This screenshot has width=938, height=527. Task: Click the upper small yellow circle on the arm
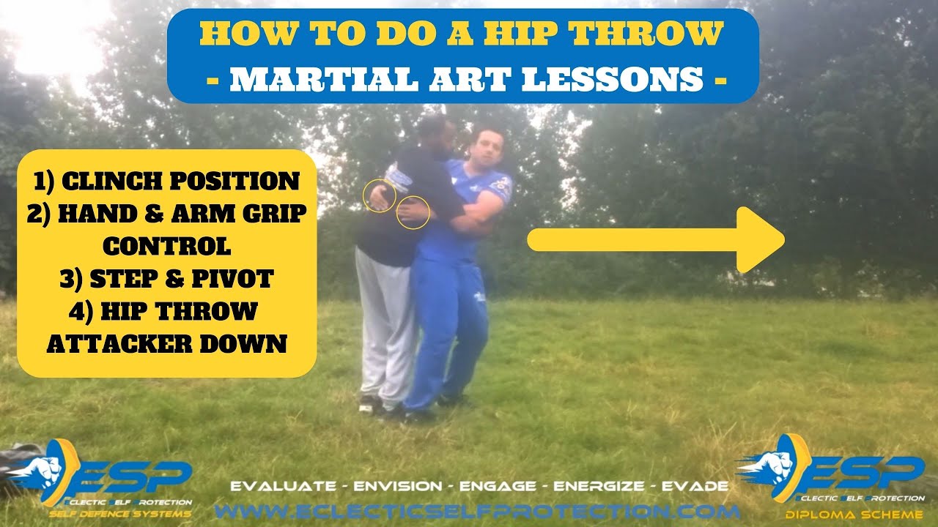pyautogui.click(x=380, y=195)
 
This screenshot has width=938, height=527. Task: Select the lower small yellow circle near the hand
pyautogui.click(x=413, y=212)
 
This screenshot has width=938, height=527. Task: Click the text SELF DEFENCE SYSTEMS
pyautogui.click(x=120, y=515)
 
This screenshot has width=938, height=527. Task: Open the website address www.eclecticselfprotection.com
pyautogui.click(x=476, y=510)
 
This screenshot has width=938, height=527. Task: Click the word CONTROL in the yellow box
pyautogui.click(x=166, y=246)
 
